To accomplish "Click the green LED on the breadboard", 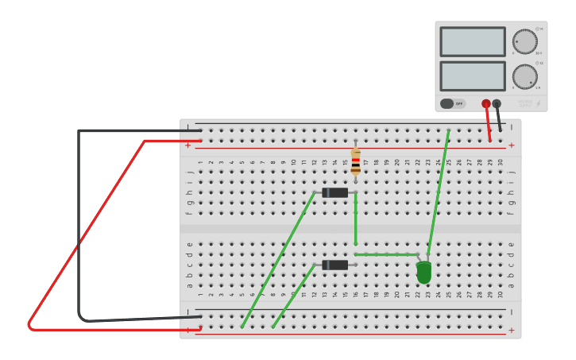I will pos(423,273).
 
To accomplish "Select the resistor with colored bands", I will pos(355,161).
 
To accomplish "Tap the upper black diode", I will pos(335,192).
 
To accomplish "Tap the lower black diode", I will pos(335,265).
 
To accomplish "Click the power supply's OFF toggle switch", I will pos(453,103).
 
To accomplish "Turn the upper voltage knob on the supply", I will pos(524,41).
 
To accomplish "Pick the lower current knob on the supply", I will pos(524,76).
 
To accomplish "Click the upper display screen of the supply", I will pos(472,41).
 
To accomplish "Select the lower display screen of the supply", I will pos(472,76).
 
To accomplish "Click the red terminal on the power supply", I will pos(486,103).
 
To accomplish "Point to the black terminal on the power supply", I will pos(497,103).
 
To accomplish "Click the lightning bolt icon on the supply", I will pos(538,103).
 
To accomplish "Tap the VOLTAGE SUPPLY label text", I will pos(525,103).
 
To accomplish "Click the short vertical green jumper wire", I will pos(355,219).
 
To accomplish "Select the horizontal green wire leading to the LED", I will pos(385,254).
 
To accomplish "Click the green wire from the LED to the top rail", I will pos(438,195).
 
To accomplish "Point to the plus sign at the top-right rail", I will pos(511,145).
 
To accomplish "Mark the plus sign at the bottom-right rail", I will pos(511,331).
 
